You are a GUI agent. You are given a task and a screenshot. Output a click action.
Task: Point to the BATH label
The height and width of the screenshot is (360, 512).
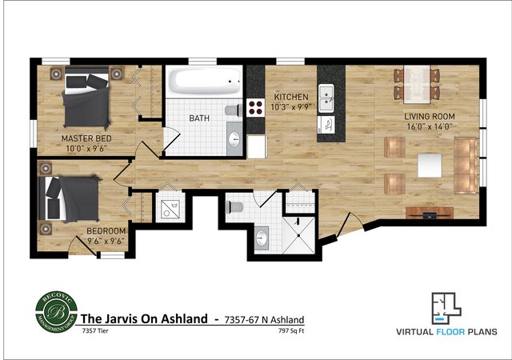point(199,118)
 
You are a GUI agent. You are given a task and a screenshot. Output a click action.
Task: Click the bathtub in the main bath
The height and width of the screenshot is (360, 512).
point(204,82)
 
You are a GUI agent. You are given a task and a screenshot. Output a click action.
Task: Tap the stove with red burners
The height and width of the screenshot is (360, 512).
point(255,108)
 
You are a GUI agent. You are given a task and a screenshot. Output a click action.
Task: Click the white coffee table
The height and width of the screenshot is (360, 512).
point(430,165)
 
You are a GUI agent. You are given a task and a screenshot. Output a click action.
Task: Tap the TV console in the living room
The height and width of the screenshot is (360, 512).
point(430,213)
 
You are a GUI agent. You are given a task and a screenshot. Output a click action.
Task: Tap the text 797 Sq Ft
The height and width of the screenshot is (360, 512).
point(291,330)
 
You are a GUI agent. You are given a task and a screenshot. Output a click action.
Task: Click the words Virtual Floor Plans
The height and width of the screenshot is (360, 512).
point(446,331)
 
